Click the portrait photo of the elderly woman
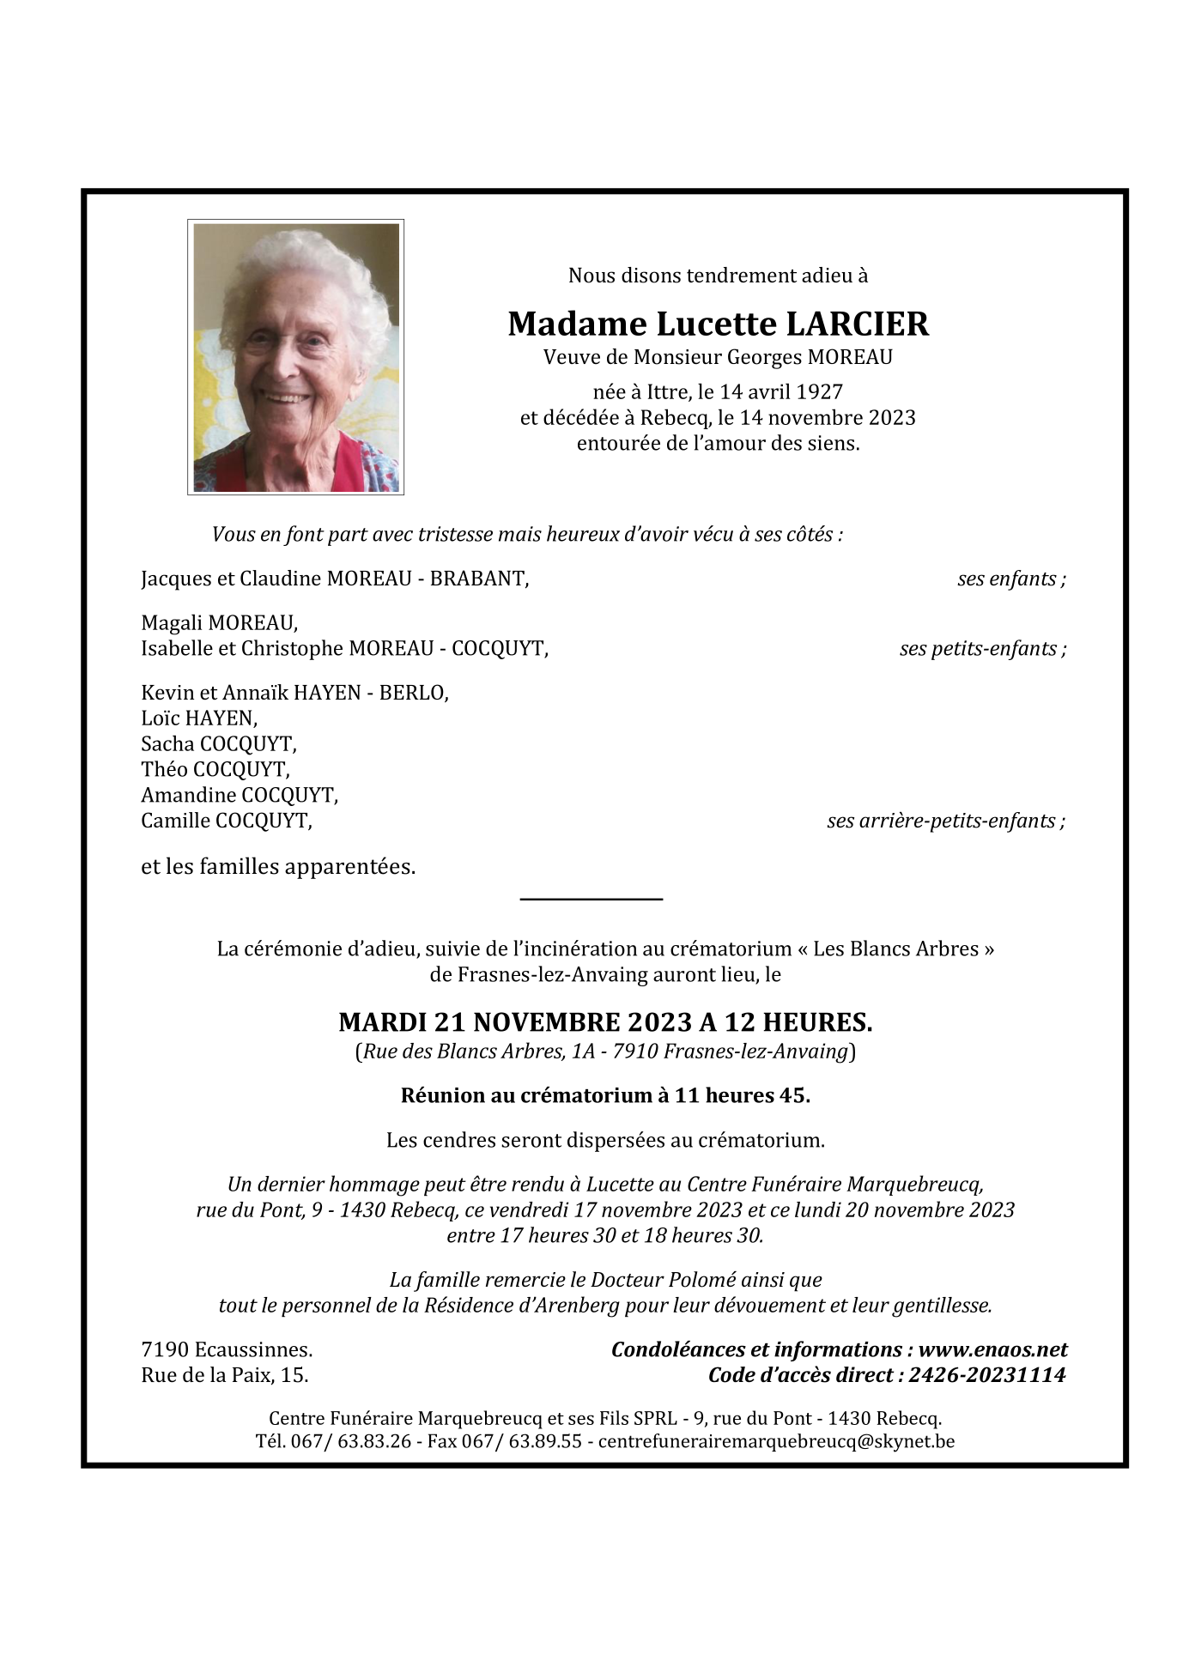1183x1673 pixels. tap(295, 357)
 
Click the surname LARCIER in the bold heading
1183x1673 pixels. tap(858, 324)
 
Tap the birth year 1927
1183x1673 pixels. tap(820, 392)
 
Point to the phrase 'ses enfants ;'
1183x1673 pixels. tap(1011, 579)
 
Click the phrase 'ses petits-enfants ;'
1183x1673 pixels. tap(983, 649)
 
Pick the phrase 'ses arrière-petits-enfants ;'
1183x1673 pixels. tap(946, 821)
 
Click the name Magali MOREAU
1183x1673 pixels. tap(220, 623)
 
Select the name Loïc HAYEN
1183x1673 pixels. tap(199, 718)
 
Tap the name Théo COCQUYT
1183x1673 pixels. tap(215, 770)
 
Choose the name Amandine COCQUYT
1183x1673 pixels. tap(240, 796)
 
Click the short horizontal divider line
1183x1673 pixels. tap(591, 899)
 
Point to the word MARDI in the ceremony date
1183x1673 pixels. tap(383, 1022)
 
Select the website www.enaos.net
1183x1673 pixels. tap(993, 1350)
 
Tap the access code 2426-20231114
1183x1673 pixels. tap(987, 1376)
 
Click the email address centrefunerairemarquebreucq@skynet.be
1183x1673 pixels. tap(776, 1442)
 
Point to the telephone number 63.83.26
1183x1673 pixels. tap(374, 1442)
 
